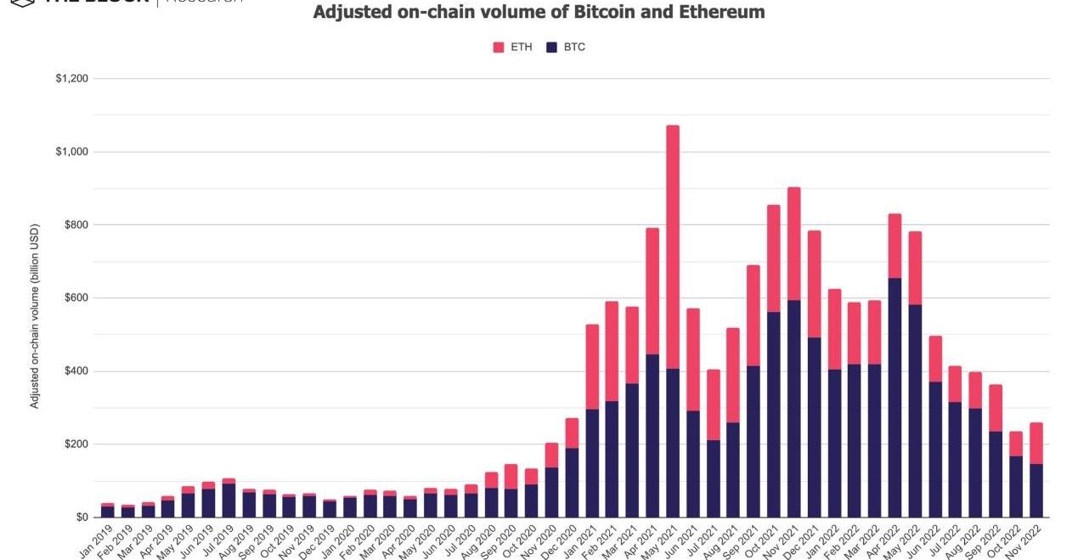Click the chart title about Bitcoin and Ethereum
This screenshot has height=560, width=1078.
pyautogui.click(x=539, y=13)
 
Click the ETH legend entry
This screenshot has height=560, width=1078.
pyautogui.click(x=513, y=48)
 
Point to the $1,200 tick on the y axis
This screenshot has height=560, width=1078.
pyautogui.click(x=71, y=79)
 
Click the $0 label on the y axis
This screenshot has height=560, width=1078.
pyautogui.click(x=82, y=518)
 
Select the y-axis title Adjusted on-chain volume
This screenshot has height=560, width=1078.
pyautogui.click(x=35, y=316)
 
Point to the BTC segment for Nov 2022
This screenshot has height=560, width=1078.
pyautogui.click(x=1036, y=490)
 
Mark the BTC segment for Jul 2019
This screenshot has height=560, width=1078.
pyautogui.click(x=229, y=501)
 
